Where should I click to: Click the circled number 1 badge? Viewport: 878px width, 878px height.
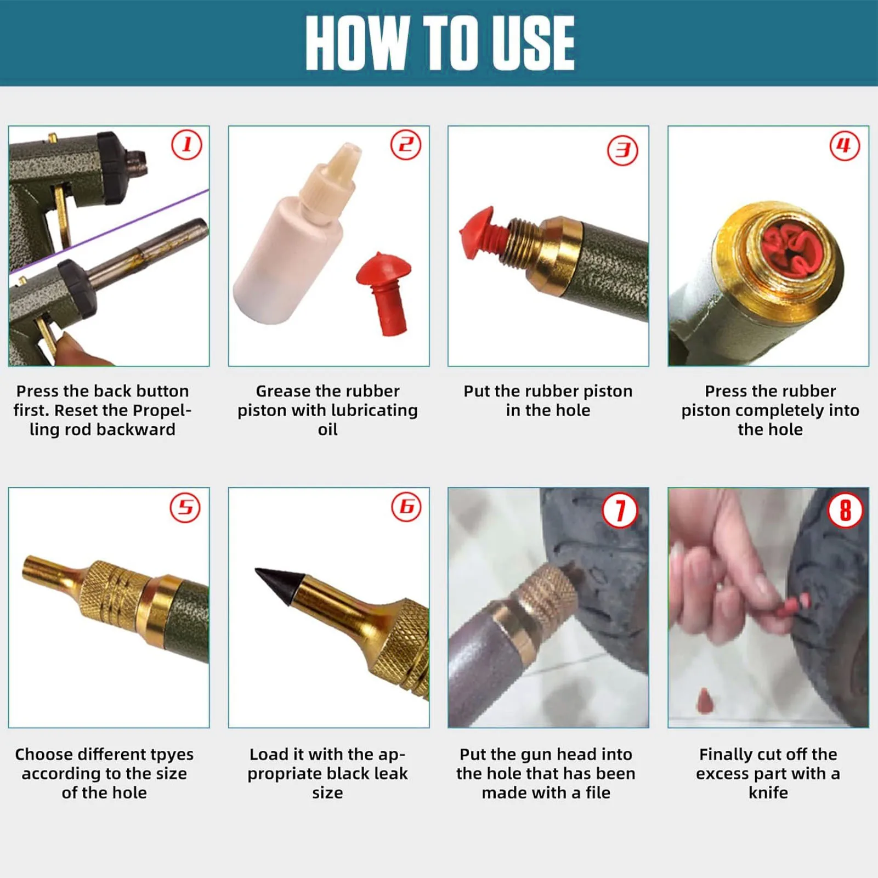186,145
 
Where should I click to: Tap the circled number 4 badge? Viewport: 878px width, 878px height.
844,145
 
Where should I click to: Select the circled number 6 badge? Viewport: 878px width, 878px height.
406,507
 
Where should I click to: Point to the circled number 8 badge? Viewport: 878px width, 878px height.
845,511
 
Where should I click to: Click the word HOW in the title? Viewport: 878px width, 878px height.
357,43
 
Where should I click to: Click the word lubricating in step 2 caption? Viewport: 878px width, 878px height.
358,411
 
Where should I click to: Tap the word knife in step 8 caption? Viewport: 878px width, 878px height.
768,792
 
